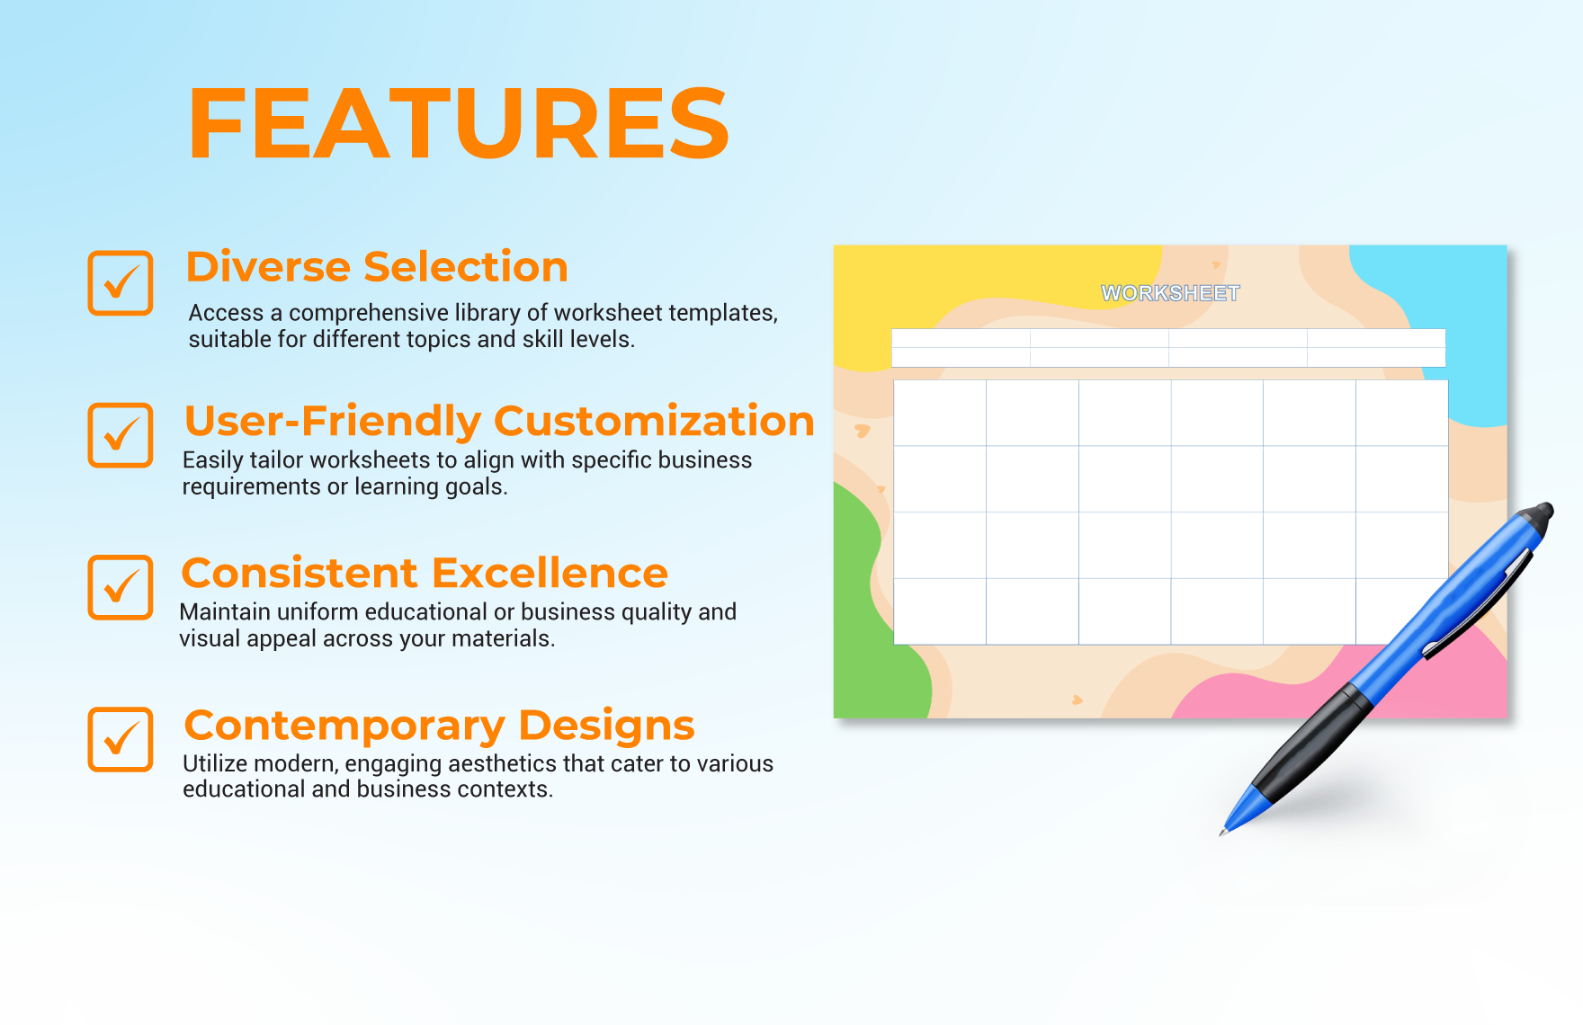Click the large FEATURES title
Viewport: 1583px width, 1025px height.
(459, 123)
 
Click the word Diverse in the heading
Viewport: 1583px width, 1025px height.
(268, 267)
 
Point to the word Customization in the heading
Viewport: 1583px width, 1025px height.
(654, 422)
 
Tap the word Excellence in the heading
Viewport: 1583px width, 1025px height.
(550, 573)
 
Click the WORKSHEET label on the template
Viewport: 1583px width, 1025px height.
(1170, 293)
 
